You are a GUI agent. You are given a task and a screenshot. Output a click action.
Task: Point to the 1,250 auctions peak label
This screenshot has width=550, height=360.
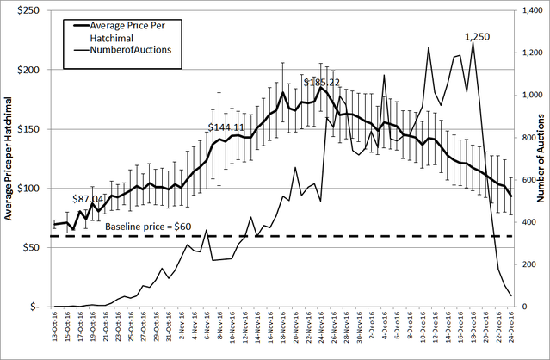pos(478,36)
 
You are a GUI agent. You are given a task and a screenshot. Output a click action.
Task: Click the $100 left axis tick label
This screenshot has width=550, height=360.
pos(31,189)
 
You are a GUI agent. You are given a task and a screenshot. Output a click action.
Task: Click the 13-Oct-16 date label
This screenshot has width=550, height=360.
pos(54,332)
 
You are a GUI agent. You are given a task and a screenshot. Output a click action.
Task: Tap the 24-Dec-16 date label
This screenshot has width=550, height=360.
pos(512,332)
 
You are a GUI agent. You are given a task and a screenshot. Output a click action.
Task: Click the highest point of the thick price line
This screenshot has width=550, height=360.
pos(321,87)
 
